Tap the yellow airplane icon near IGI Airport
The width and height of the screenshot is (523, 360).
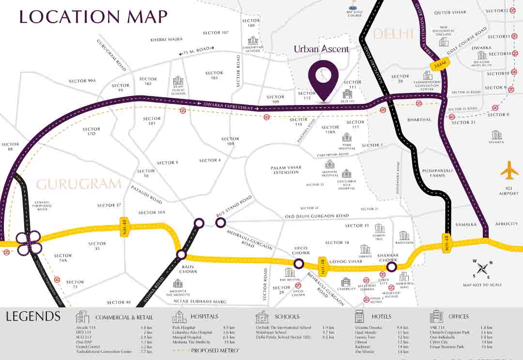click(509, 170)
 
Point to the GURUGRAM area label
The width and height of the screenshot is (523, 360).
click(78, 184)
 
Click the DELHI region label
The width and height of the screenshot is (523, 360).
click(393, 34)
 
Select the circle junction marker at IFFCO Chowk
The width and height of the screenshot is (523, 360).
click(299, 264)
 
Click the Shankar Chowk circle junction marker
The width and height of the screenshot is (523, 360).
click(391, 267)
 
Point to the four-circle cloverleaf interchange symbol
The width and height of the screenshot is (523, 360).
click(29, 243)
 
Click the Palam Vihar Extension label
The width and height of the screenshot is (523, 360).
click(286, 170)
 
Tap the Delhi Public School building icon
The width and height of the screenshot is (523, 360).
click(178, 80)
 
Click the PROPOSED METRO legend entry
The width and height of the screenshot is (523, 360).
click(215, 350)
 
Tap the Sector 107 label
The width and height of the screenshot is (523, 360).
click(216, 32)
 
